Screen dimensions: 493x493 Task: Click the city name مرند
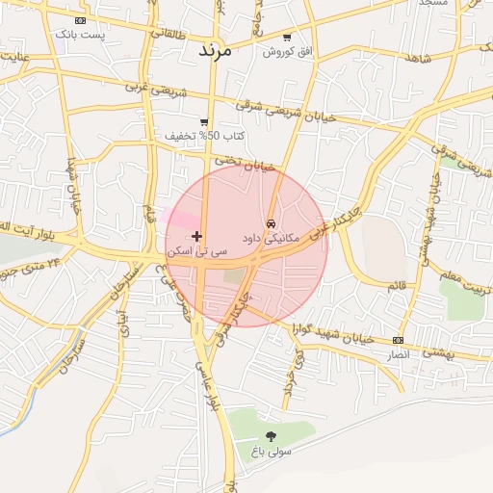pos(215,50)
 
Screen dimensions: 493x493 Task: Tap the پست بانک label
pos(81,34)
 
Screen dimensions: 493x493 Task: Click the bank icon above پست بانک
pos(79,20)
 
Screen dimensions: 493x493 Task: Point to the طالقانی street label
pos(167,34)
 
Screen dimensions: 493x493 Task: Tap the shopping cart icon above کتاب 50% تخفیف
pos(204,121)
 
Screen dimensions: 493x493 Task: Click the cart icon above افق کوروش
pos(287,37)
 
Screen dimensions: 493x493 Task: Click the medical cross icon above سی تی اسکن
pos(197,235)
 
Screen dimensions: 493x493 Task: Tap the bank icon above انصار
pos(398,340)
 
